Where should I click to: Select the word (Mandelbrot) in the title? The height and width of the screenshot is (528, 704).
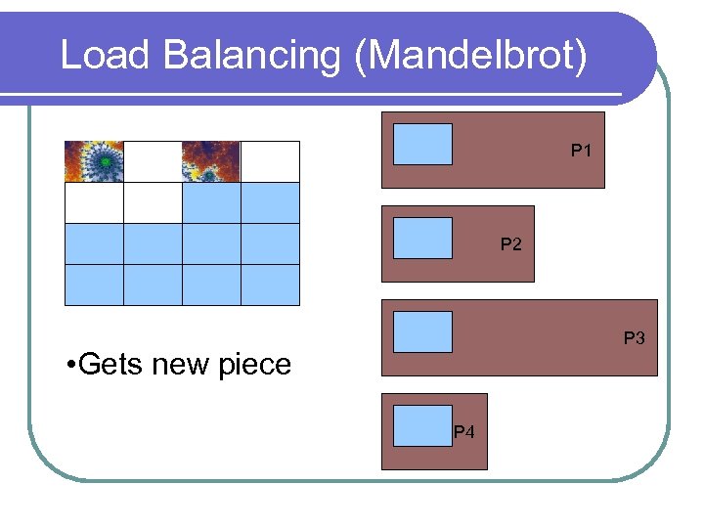point(472,56)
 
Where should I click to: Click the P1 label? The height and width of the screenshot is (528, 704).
point(582,152)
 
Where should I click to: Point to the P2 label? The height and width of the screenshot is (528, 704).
point(510,244)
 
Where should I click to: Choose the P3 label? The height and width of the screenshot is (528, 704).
point(635,338)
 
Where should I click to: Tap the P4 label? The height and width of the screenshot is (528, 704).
point(463,432)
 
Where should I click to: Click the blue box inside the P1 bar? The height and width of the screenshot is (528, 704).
point(422,144)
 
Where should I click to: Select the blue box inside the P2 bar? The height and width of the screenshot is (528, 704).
point(422,238)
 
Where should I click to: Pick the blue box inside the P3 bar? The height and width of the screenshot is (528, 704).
point(422,331)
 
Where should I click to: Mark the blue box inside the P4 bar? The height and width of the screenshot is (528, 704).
point(422,425)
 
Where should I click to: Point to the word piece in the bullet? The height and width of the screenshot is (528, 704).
point(257,365)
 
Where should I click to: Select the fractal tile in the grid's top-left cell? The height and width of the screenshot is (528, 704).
point(94,161)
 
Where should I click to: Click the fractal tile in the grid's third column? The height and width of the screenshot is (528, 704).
point(211,161)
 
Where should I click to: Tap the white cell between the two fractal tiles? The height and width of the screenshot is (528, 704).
point(153,161)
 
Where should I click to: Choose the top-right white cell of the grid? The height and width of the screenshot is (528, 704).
point(270,161)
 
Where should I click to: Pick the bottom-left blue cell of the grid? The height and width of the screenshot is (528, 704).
point(94,285)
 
